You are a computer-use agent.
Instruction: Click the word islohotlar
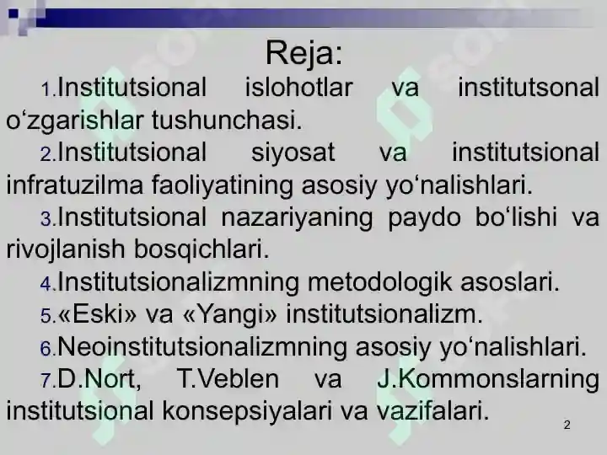(x=298, y=88)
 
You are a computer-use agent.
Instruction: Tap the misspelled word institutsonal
(x=529, y=88)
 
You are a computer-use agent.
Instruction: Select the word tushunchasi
(x=227, y=120)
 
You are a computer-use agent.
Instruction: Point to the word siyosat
(x=293, y=153)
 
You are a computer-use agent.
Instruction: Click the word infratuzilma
(x=75, y=185)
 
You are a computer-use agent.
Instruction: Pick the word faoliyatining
(x=222, y=185)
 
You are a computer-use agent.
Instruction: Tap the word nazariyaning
(x=297, y=218)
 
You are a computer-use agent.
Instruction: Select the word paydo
(x=424, y=218)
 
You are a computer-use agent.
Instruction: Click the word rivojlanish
(x=66, y=249)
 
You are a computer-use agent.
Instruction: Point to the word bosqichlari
(x=201, y=249)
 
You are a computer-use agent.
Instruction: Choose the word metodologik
(x=379, y=282)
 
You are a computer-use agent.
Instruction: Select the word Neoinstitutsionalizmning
(x=202, y=346)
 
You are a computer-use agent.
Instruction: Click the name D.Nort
(x=99, y=379)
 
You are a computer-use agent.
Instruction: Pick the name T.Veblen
(x=228, y=379)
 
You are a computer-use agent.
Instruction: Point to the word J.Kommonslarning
(x=488, y=380)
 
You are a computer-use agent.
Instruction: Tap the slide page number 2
(x=567, y=426)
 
